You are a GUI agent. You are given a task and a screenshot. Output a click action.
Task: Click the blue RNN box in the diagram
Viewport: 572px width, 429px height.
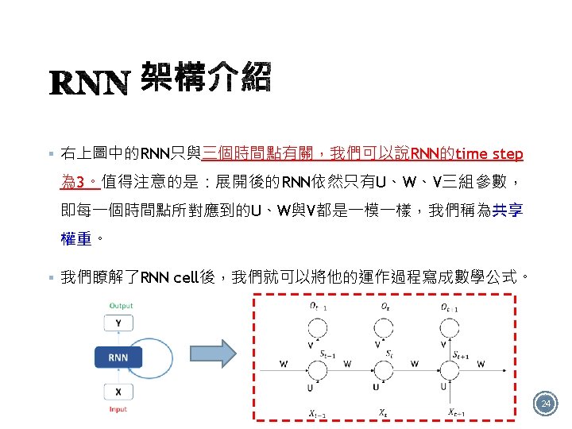(117, 357)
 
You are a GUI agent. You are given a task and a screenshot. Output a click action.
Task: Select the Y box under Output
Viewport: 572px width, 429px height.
(118, 323)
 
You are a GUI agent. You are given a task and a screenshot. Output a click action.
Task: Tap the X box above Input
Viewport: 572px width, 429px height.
(118, 392)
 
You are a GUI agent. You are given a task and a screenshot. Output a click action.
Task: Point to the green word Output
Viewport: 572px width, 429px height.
(121, 306)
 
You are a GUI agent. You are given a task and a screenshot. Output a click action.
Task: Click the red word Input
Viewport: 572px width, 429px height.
(118, 409)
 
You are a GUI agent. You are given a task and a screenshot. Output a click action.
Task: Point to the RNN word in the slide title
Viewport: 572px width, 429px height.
(89, 83)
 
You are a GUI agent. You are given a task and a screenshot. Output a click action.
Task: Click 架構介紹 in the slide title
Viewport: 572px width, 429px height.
(206, 78)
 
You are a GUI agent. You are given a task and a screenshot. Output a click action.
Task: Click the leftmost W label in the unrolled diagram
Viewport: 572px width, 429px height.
(284, 364)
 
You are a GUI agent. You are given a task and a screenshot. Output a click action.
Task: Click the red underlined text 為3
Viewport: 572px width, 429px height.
(76, 182)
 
